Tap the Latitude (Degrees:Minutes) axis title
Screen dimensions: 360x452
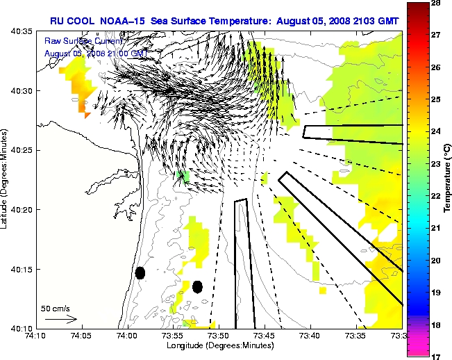[x=6, y=180]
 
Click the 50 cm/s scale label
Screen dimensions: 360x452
[x=56, y=307]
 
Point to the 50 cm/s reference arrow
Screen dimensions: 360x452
[x=60, y=319]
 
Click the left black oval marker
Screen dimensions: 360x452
[x=140, y=273]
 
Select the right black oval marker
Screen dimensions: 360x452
[x=197, y=286]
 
